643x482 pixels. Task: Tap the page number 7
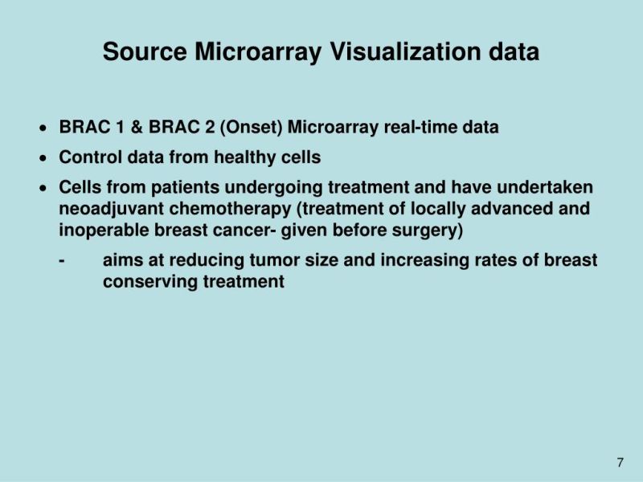(620, 462)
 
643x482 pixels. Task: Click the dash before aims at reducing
(62, 261)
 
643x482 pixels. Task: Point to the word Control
(88, 158)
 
